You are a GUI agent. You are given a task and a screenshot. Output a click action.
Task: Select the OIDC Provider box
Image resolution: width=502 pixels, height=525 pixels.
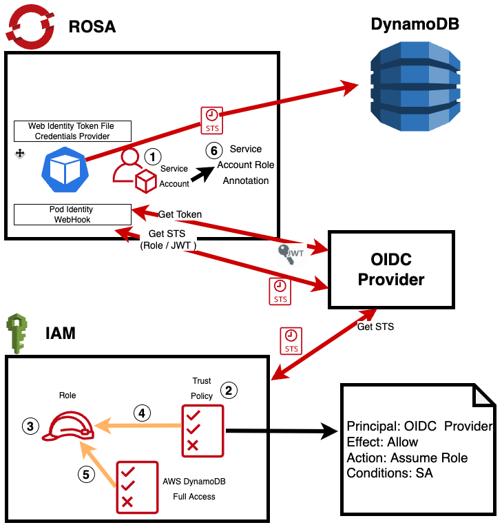(x=392, y=269)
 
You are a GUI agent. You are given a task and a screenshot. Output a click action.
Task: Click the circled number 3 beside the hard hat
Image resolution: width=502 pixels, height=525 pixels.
(x=30, y=426)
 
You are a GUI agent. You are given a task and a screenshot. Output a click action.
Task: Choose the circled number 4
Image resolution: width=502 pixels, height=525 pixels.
(x=141, y=413)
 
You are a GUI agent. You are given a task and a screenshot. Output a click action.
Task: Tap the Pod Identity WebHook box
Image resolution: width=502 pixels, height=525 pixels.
(x=72, y=214)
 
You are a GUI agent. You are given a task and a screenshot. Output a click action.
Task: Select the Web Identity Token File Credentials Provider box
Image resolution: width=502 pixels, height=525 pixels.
(x=72, y=131)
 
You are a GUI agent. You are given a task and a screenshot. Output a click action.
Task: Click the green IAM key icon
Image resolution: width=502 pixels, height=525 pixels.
(x=17, y=333)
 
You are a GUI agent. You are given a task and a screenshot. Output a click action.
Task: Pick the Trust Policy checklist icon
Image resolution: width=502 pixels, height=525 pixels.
(x=202, y=431)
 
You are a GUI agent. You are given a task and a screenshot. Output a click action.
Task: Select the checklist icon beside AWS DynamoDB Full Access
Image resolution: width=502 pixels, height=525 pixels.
(x=134, y=486)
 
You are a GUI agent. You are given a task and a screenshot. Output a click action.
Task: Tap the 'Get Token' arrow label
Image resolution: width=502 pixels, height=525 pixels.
(x=180, y=214)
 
